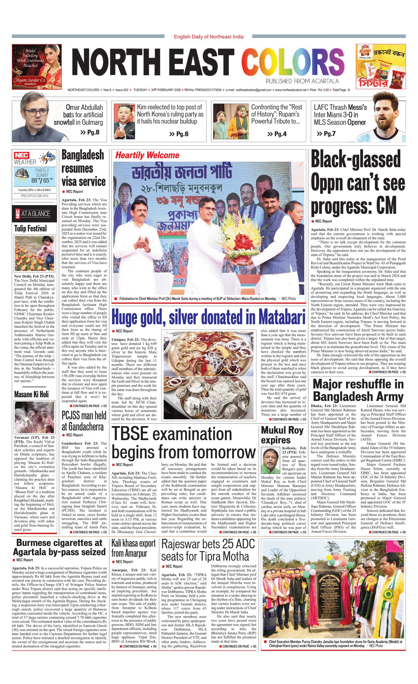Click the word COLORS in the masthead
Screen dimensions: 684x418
click(x=293, y=62)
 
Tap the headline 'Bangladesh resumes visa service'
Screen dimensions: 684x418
click(x=84, y=168)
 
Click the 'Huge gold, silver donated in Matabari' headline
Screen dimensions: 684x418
click(x=208, y=317)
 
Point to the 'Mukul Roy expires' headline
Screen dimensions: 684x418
click(x=282, y=435)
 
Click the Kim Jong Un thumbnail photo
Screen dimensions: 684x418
click(x=124, y=121)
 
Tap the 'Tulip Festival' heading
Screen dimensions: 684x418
click(x=31, y=228)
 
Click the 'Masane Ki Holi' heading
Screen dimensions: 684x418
click(x=32, y=394)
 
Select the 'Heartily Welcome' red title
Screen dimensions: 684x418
click(x=147, y=155)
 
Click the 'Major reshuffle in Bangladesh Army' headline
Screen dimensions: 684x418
click(x=358, y=390)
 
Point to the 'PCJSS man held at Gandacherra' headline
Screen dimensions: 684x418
click(x=84, y=421)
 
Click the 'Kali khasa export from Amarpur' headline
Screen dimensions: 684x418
click(x=134, y=548)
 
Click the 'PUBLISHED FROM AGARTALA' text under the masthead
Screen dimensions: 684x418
click(x=302, y=81)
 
